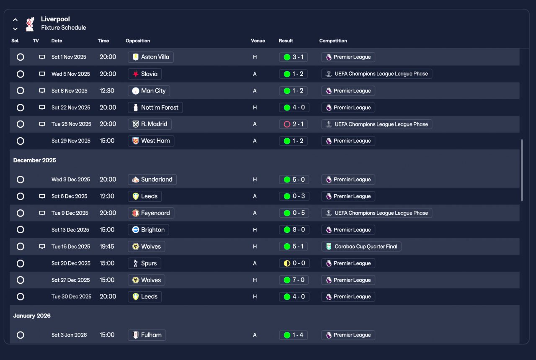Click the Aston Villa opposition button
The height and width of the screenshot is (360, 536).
[x=150, y=57]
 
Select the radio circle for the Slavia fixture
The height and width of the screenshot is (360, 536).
[x=20, y=74]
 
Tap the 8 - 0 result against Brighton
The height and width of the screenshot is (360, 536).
[x=294, y=230]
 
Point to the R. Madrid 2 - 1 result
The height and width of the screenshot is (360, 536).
[x=294, y=124]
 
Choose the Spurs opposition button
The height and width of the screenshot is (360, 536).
[x=144, y=263]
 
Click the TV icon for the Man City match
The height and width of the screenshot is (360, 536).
[x=42, y=91]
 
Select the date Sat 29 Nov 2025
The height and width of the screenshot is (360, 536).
[x=71, y=141]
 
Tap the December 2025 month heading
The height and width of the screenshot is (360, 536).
[x=34, y=160]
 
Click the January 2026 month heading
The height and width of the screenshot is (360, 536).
[x=32, y=316]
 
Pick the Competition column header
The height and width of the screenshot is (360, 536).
[x=333, y=41]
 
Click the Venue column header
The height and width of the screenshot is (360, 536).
[x=258, y=41]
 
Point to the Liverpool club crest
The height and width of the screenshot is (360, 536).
[x=29, y=24]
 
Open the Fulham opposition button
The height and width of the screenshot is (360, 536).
[x=147, y=335]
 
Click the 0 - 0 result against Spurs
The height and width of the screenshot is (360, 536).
[x=294, y=263]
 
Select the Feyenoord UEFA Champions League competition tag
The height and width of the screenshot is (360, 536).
[x=376, y=213]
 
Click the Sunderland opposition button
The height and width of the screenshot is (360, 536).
[x=152, y=180]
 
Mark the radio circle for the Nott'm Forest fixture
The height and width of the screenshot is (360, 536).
[x=20, y=108]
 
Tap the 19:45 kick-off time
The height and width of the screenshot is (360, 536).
[x=107, y=247]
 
